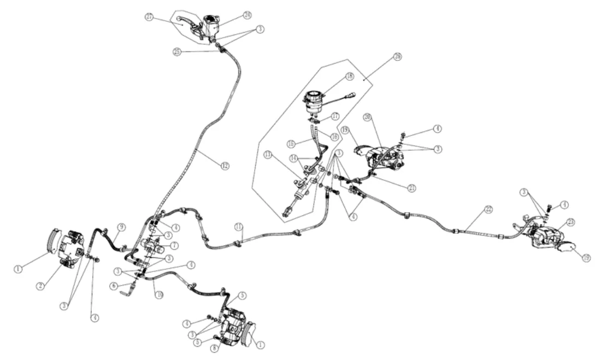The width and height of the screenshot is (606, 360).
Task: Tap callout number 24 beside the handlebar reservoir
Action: pos(232,15)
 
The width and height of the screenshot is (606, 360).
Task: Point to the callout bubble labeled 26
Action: pos(397,56)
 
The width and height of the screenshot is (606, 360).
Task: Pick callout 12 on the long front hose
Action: pos(225,166)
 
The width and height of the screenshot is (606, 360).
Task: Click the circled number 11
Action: pos(238,226)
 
